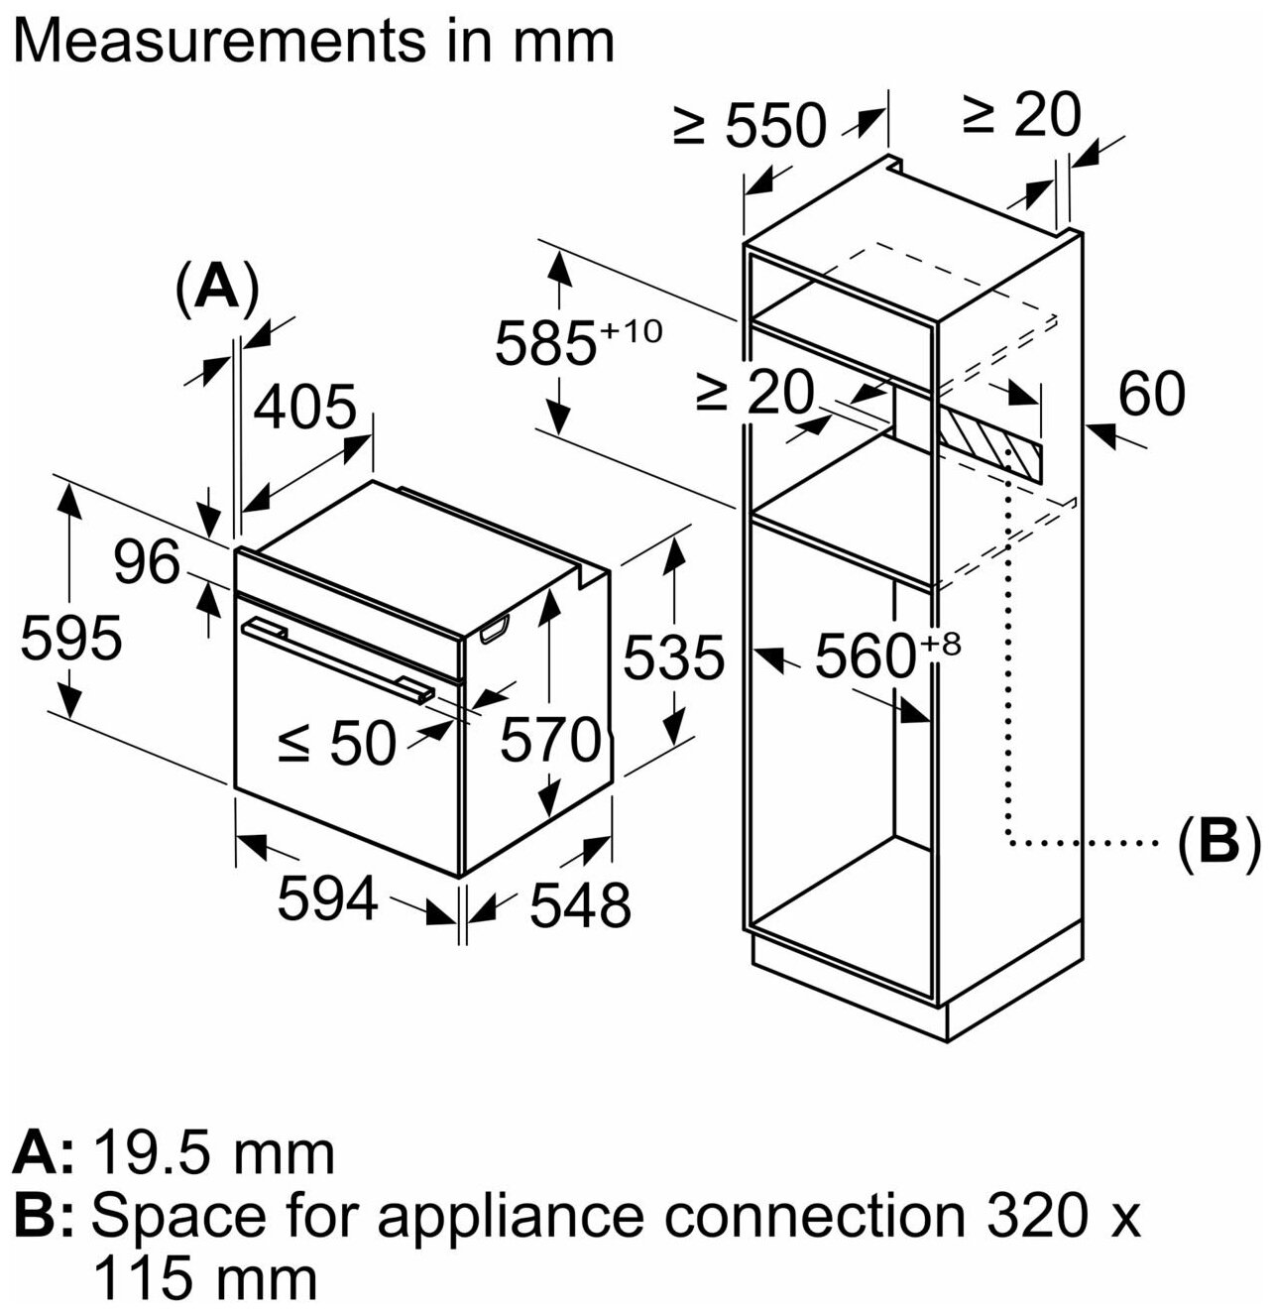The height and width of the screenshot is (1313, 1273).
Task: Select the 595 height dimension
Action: pos(71,637)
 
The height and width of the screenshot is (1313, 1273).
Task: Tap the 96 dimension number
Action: pos(146,563)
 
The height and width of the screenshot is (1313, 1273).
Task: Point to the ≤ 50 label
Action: pos(336,742)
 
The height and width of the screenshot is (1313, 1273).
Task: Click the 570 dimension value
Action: pos(549,739)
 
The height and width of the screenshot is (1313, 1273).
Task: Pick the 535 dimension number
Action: pos(673,656)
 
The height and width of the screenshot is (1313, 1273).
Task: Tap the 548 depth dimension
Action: pos(580,904)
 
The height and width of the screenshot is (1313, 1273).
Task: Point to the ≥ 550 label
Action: pos(750,126)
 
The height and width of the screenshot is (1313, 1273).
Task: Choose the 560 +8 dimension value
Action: pos(887,655)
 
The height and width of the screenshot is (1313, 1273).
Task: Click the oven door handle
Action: pos(339,657)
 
